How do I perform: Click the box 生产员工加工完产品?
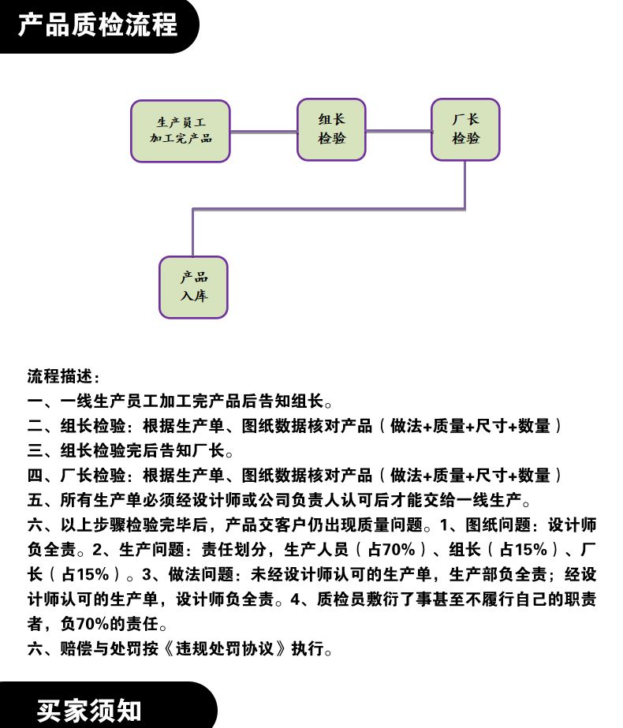coord(181,132)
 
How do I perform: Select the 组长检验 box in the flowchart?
coord(331,129)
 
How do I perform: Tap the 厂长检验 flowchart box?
coord(465,129)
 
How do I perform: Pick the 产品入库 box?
coord(193,287)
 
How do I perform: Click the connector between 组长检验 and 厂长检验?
coord(399,131)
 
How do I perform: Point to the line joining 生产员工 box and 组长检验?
coord(263,132)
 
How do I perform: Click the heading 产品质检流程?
coord(98,24)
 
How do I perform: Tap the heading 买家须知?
coord(88,711)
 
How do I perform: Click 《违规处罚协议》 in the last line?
coord(225,648)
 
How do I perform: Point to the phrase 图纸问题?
coord(498,525)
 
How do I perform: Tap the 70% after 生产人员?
coord(399,550)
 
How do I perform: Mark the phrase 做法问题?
coord(201,574)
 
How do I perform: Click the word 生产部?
coord(473,574)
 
